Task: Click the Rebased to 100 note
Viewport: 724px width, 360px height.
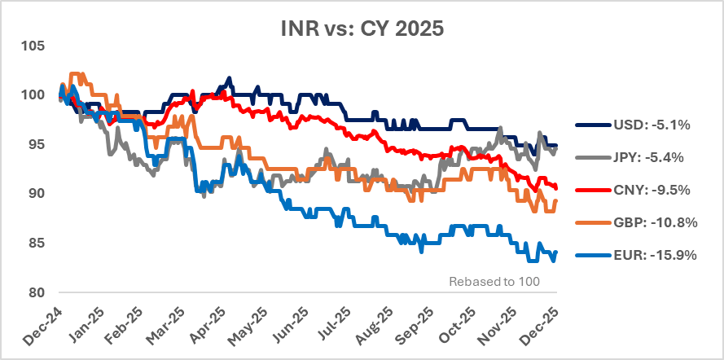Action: coord(494,282)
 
